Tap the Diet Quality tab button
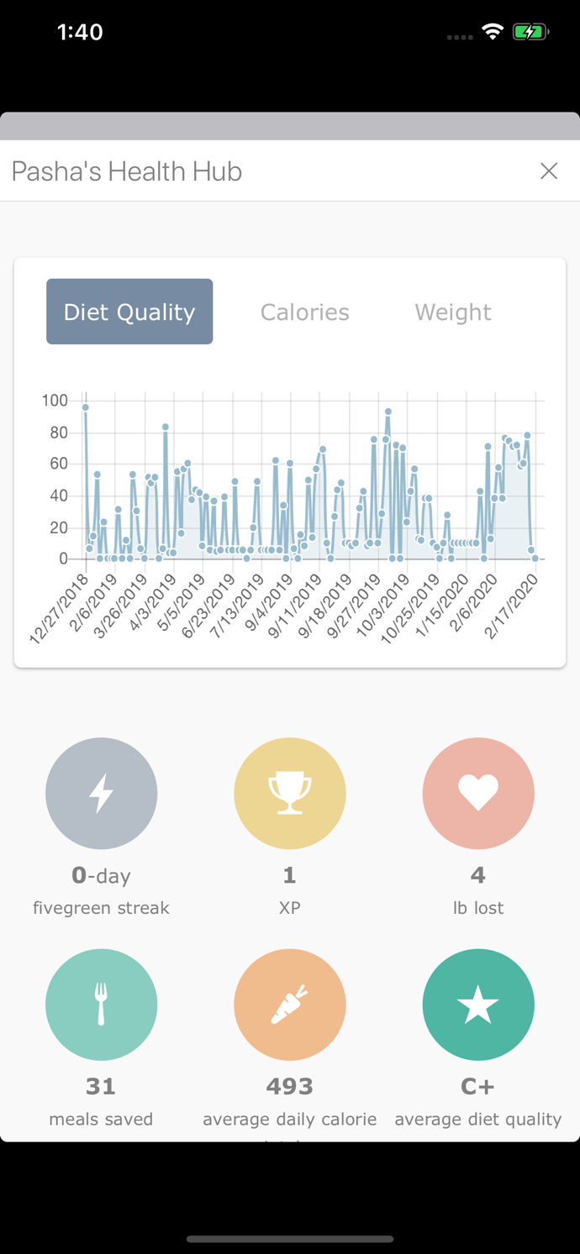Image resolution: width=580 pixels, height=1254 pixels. (129, 312)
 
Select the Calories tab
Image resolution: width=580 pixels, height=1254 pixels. (304, 312)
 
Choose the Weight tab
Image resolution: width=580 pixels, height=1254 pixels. (452, 312)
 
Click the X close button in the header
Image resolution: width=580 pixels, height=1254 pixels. (549, 171)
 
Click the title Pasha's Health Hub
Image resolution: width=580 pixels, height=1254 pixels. (127, 171)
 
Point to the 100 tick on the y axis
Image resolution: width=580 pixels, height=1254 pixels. (55, 401)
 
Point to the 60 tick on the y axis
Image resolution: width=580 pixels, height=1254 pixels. (58, 464)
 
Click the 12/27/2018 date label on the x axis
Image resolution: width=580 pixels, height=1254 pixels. (59, 609)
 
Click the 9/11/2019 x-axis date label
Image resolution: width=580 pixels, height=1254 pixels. (295, 606)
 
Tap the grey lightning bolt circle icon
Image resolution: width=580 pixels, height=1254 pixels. (102, 793)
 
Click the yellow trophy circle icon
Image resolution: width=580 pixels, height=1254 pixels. (290, 793)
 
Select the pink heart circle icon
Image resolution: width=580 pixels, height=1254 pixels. (478, 793)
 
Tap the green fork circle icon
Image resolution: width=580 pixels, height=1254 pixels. (102, 1005)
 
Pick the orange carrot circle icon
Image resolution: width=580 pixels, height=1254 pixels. (290, 1005)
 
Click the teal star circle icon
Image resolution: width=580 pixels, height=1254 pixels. (478, 1005)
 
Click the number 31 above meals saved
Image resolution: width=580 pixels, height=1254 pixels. (101, 1086)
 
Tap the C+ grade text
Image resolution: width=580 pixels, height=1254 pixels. (477, 1086)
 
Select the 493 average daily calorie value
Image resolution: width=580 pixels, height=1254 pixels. (290, 1086)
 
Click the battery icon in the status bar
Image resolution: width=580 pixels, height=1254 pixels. (530, 32)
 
